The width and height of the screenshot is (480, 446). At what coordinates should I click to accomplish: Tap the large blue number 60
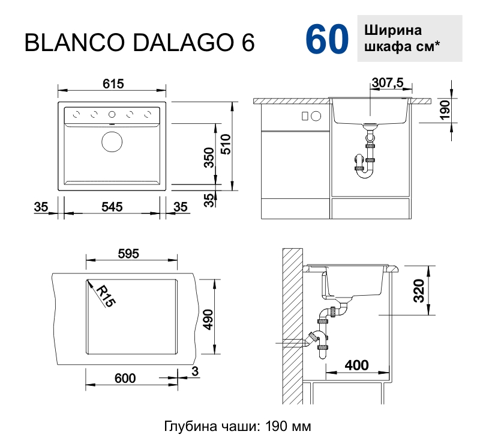(327, 41)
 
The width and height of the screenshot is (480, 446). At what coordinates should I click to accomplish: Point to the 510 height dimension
(224, 145)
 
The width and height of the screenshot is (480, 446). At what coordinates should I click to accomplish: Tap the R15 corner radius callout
(104, 296)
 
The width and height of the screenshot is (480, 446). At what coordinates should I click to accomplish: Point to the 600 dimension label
(124, 378)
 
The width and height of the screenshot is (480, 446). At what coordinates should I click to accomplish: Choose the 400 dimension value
(356, 365)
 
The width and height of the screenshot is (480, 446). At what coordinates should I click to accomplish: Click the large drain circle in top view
(112, 142)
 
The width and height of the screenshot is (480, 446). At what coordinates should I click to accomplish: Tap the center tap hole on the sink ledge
(112, 114)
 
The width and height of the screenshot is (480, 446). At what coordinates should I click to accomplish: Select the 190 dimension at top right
(445, 111)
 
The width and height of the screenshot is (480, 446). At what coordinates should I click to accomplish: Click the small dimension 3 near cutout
(194, 371)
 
